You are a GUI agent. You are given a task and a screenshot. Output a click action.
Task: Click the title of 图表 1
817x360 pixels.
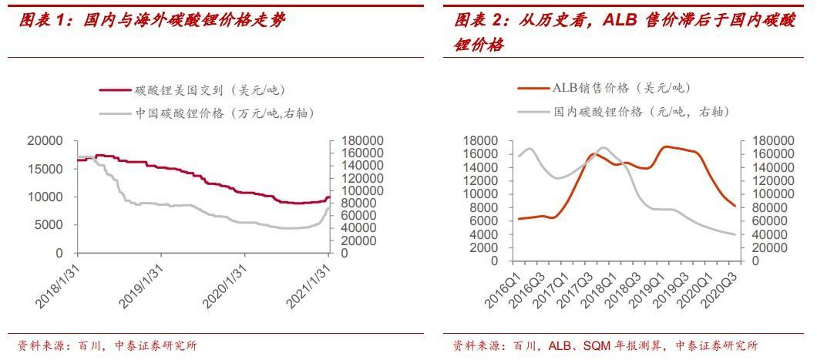point(151,21)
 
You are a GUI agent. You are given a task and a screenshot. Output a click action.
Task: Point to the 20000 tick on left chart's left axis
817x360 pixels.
point(45,140)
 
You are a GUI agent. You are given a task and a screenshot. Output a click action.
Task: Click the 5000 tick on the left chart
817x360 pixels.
point(49,225)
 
